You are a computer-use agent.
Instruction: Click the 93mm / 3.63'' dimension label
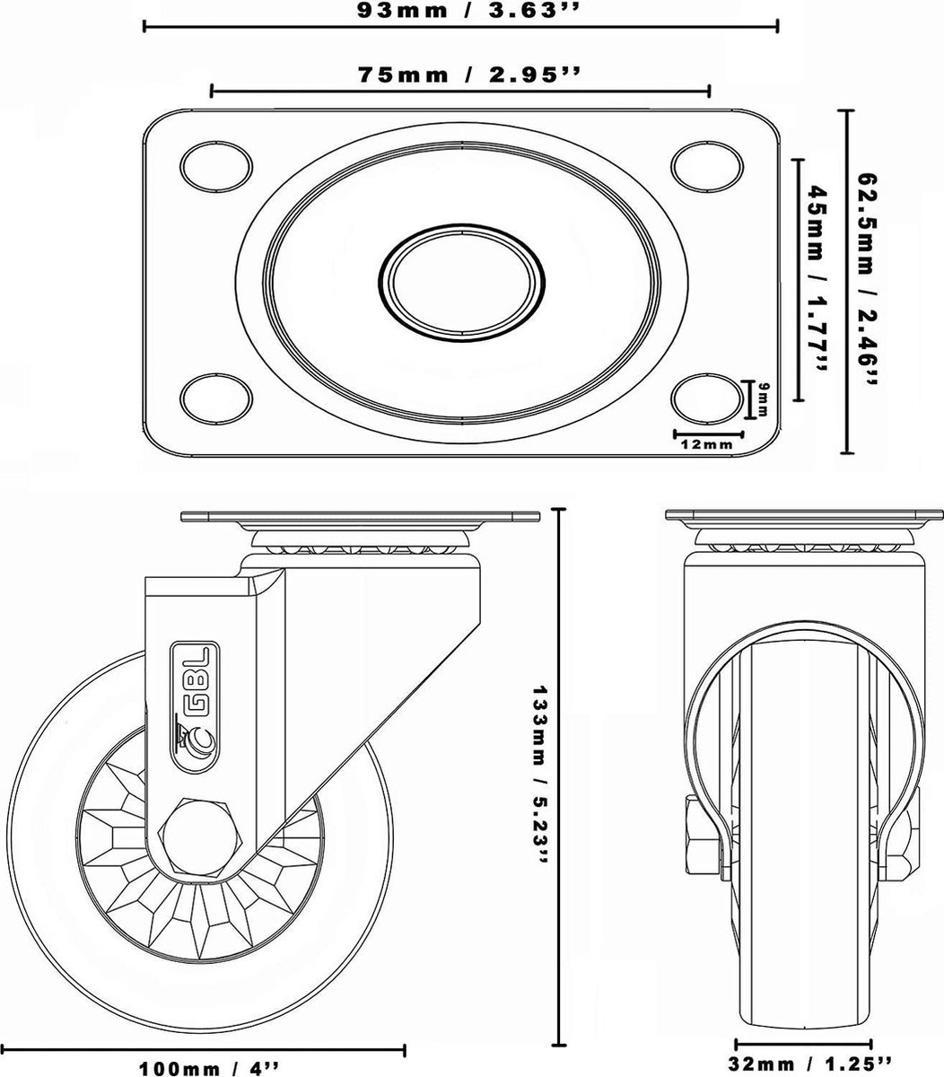[466, 11]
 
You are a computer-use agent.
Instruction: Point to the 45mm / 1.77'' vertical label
[817, 278]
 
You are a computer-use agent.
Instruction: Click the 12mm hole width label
[707, 444]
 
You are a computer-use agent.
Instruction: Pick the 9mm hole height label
[763, 398]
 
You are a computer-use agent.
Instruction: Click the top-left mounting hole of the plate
[215, 166]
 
